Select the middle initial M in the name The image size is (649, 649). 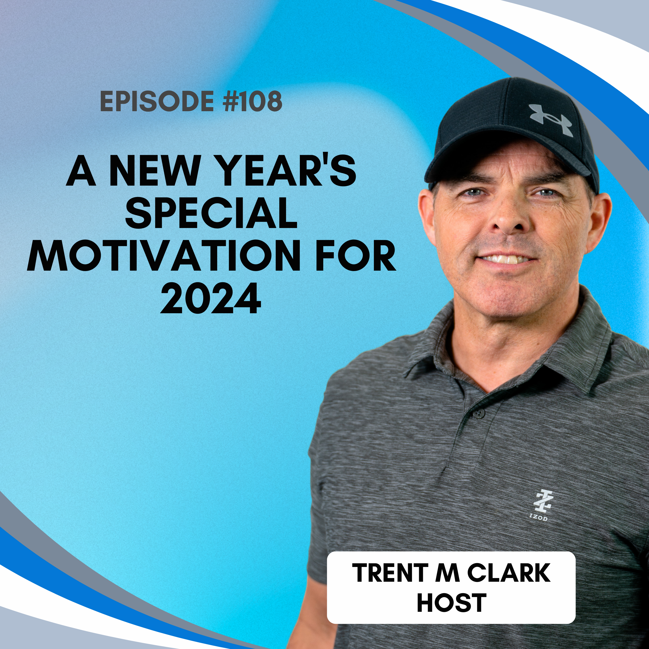pos(447,573)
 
